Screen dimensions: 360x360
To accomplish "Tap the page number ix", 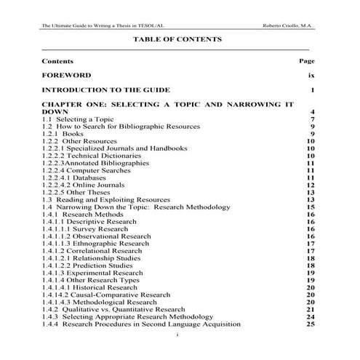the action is [311, 75].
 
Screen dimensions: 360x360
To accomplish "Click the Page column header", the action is [306, 62].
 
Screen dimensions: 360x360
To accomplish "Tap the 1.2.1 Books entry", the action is [63, 134].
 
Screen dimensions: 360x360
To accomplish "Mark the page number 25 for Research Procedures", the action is [310, 324].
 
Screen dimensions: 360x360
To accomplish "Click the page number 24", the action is [310, 317].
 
